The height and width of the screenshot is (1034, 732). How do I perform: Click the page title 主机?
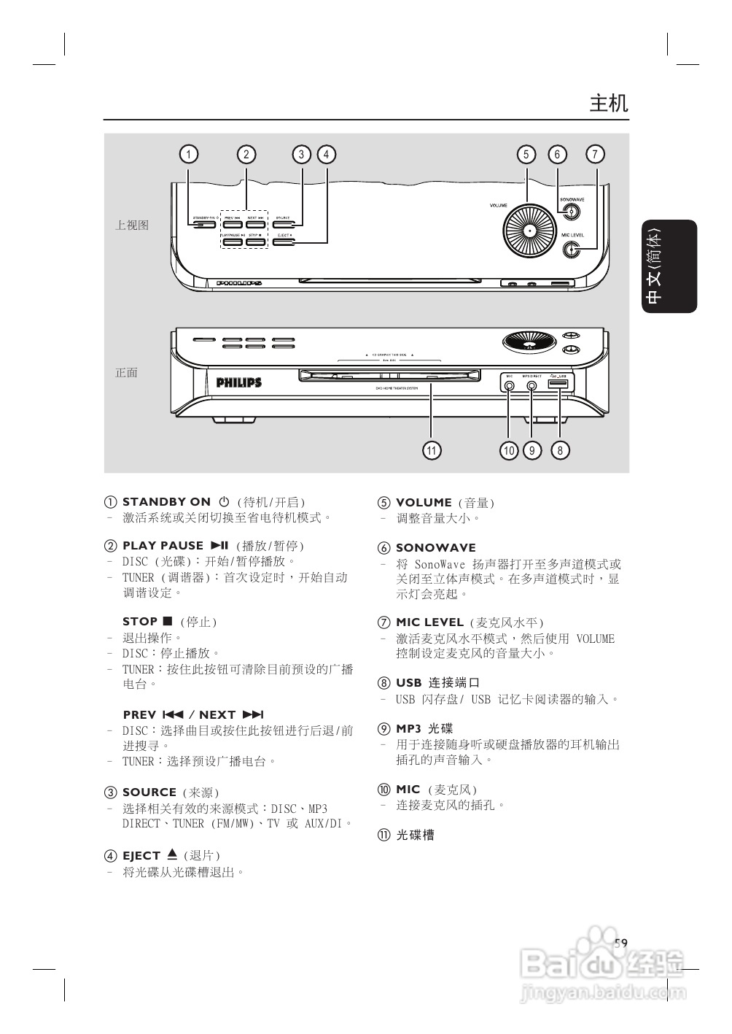[x=608, y=103]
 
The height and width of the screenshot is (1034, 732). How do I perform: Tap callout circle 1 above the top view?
[x=188, y=154]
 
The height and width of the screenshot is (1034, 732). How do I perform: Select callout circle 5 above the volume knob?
[x=526, y=154]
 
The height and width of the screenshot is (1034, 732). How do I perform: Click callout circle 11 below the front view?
[x=432, y=450]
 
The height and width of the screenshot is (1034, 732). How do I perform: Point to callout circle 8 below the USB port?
[x=560, y=450]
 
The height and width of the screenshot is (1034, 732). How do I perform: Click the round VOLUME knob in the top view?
[x=529, y=231]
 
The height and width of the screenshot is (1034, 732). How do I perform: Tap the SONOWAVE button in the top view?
[x=572, y=212]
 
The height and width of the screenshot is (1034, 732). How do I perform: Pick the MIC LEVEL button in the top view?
[x=573, y=250]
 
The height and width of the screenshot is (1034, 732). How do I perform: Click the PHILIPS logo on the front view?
[x=238, y=382]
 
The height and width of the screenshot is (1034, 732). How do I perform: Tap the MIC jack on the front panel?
[x=509, y=385]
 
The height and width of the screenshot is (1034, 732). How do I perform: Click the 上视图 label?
[x=132, y=225]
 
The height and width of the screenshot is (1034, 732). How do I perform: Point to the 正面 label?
[x=126, y=372]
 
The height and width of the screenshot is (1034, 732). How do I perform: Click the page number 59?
[x=620, y=943]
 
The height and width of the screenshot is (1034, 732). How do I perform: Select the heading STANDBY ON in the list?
[x=166, y=502]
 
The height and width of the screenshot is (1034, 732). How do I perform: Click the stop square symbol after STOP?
[x=168, y=621]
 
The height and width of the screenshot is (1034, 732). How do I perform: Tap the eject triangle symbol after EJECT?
[x=172, y=854]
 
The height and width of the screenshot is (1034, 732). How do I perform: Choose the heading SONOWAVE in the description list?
[x=435, y=548]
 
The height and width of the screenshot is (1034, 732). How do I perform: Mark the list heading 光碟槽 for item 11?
[x=415, y=835]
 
